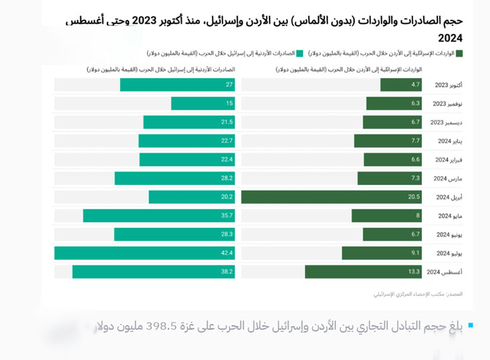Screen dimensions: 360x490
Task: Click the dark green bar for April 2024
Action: coord(331,197)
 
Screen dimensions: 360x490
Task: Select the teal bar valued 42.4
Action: coord(144,253)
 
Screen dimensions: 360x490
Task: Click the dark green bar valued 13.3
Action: coord(363,272)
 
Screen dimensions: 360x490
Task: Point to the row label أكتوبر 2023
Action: coord(448,85)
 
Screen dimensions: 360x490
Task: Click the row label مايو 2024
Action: coord(450,216)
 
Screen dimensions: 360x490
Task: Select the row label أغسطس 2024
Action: coord(445,272)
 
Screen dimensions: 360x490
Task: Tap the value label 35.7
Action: coord(227,216)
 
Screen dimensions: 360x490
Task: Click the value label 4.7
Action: coord(415,85)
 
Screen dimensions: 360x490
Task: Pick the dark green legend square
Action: coord(459,53)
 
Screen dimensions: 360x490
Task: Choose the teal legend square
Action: coord(299,53)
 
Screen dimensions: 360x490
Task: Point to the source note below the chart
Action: coord(418,294)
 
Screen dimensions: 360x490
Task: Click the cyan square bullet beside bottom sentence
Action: coord(471,326)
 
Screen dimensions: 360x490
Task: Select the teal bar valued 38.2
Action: coord(153,272)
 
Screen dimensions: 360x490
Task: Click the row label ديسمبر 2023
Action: coord(446,122)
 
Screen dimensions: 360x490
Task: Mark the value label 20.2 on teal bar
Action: coord(227,197)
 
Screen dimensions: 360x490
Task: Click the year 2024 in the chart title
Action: coord(450,38)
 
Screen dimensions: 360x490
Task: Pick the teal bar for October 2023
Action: coord(177,85)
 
